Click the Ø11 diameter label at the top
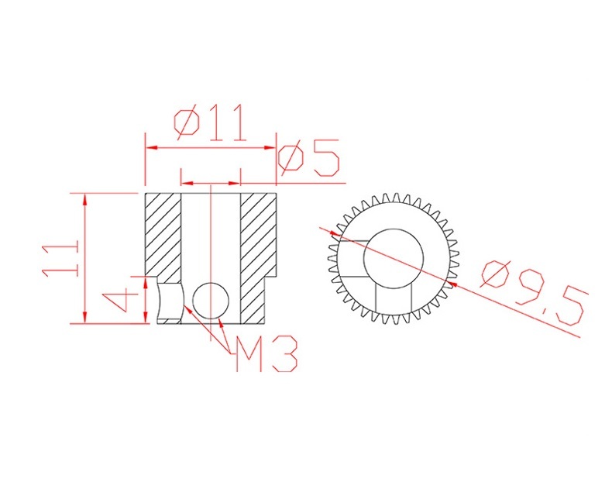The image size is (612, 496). tap(209, 122)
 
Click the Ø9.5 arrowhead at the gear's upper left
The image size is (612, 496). tap(334, 232)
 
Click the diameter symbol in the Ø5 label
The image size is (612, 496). tap(291, 159)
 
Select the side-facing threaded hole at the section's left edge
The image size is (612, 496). tap(167, 301)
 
